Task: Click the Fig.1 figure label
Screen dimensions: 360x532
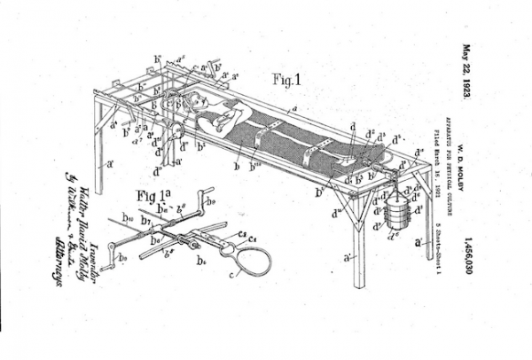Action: tap(286, 80)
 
